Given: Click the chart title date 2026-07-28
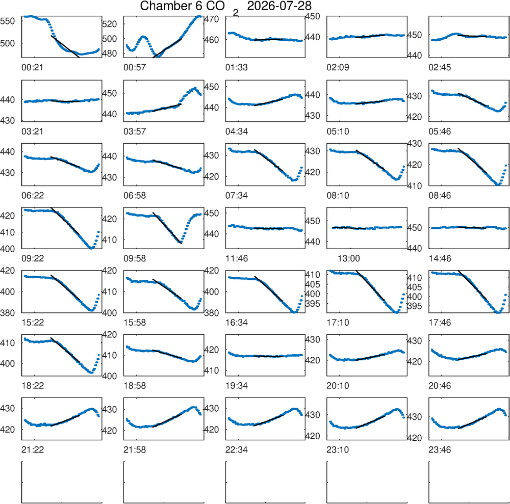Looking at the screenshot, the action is [279, 6].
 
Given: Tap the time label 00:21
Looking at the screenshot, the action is [32, 68].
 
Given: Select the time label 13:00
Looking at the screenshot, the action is [349, 259].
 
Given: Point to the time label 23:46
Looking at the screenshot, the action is [440, 450].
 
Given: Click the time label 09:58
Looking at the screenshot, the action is [135, 259].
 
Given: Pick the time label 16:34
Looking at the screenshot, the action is [237, 323].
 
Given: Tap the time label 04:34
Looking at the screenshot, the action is [237, 131].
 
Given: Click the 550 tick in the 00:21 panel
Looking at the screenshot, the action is [8, 21].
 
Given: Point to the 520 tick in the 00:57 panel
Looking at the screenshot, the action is [109, 24].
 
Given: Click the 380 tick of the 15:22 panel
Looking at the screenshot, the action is [8, 313].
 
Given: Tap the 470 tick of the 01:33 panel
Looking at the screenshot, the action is [212, 19].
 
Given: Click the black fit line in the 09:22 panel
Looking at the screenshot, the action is [65, 221].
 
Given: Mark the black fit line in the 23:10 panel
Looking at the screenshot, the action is [370, 422].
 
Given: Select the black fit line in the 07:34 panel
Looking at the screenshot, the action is [269, 161].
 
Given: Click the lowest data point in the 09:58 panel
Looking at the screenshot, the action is [181, 243].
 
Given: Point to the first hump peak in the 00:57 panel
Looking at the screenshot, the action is [143, 37].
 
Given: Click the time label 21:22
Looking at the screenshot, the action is [33, 450].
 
